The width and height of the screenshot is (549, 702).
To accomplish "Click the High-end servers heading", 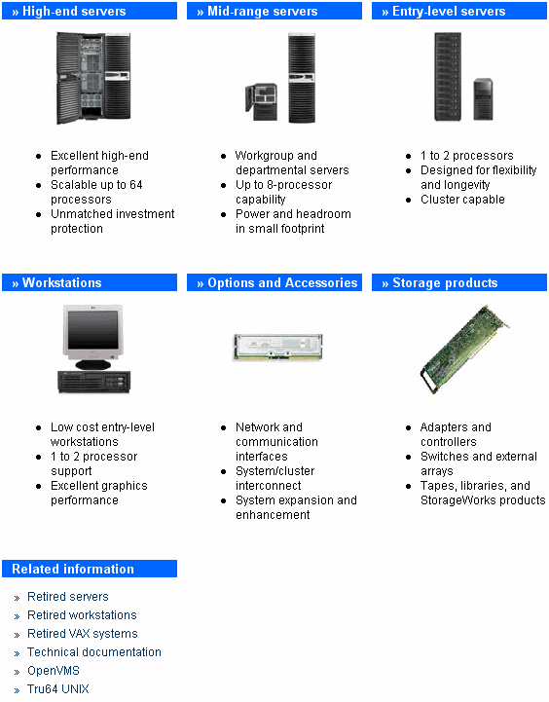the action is click(74, 11).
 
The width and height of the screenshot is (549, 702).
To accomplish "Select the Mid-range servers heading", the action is click(263, 11).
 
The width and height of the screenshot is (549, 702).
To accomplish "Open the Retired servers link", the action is click(68, 596).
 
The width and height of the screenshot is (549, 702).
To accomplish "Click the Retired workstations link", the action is click(82, 614).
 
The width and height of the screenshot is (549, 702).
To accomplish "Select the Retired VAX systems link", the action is click(83, 634).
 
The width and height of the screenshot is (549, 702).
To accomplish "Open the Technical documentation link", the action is click(94, 652).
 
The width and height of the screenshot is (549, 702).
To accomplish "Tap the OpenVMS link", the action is click(54, 670).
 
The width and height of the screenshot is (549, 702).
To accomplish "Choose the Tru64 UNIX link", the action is click(58, 688).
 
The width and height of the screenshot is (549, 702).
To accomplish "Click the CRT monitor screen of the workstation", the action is click(93, 330).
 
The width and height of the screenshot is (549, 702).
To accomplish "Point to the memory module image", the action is click(277, 347).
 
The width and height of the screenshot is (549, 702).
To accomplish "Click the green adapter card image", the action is click(464, 350).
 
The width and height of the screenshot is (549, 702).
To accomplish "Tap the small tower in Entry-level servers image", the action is click(483, 99).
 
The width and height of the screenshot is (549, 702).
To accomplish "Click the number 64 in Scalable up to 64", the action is click(136, 184).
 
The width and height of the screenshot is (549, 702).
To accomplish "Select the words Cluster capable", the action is click(462, 200).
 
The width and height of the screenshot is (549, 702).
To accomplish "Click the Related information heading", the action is click(73, 569).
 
